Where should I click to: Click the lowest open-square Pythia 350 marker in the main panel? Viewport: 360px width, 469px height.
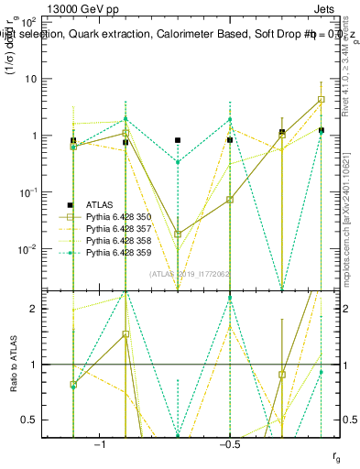(178, 234)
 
